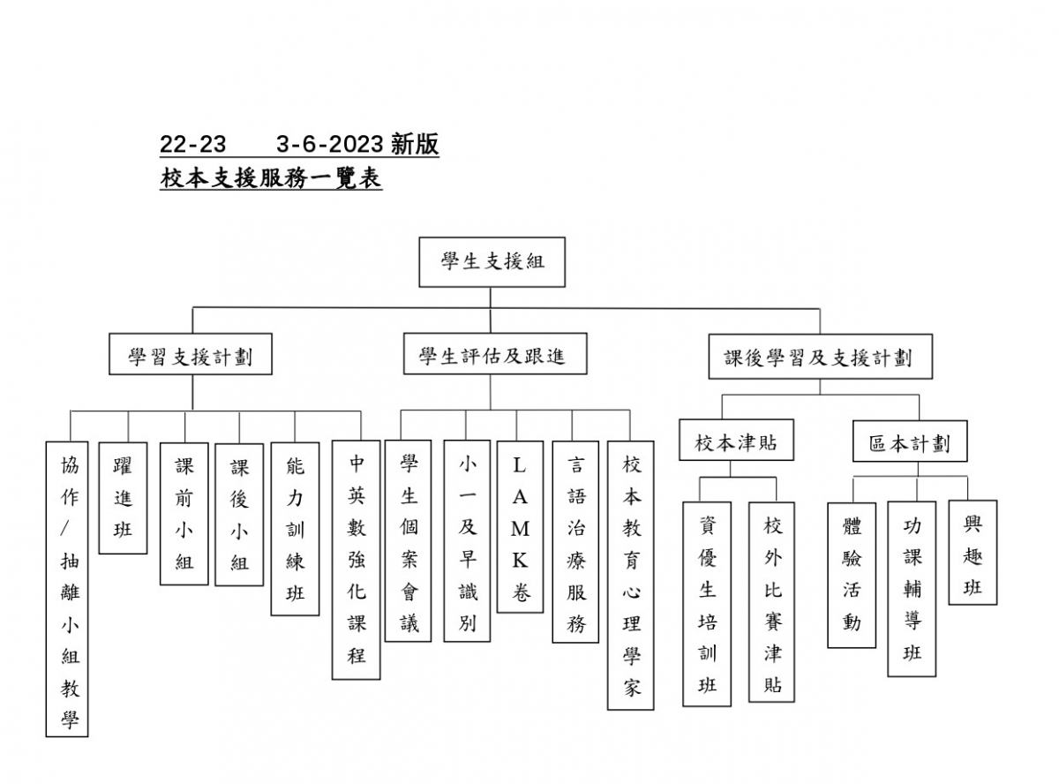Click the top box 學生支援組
pyautogui.click(x=492, y=261)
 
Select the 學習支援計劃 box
pyautogui.click(x=190, y=357)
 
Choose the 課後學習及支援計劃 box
pyautogui.click(x=820, y=357)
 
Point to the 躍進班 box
pyautogui.click(x=123, y=498)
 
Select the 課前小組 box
pyautogui.click(x=184, y=514)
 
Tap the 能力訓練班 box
pyautogui.click(x=295, y=529)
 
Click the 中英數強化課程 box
pyautogui.click(x=356, y=560)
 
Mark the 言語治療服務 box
pyautogui.click(x=575, y=541)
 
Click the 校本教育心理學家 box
pyautogui.click(x=631, y=576)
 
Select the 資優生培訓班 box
pyautogui.click(x=707, y=605)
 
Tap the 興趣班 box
pyautogui.click(x=973, y=553)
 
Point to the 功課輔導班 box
pyautogui.click(x=912, y=589)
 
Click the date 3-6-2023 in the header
pyautogui.click(x=330, y=145)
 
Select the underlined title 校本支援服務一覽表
pyautogui.click(x=271, y=178)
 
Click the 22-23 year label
pyautogui.click(x=192, y=145)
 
